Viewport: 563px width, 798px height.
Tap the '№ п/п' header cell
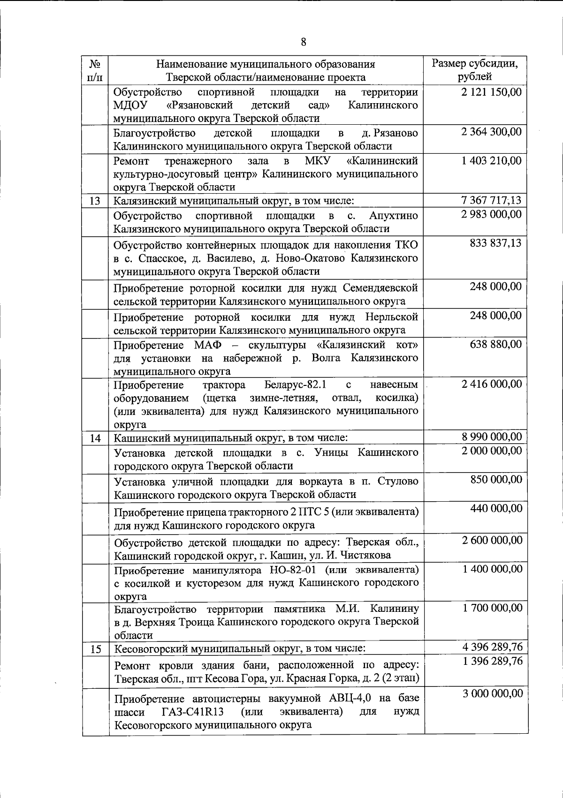(x=95, y=70)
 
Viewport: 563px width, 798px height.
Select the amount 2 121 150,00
(x=491, y=92)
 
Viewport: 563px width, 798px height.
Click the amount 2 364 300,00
(x=491, y=132)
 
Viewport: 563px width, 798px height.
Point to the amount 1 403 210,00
(x=491, y=161)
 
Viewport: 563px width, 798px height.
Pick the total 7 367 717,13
(x=491, y=201)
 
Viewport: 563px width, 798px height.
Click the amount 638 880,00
(x=496, y=344)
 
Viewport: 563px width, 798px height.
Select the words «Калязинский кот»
(x=367, y=346)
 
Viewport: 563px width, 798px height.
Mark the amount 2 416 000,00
(x=491, y=384)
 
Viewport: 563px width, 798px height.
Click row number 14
(x=95, y=439)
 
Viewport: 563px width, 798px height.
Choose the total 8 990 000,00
(x=491, y=437)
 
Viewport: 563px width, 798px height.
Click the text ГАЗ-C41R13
(x=192, y=712)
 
